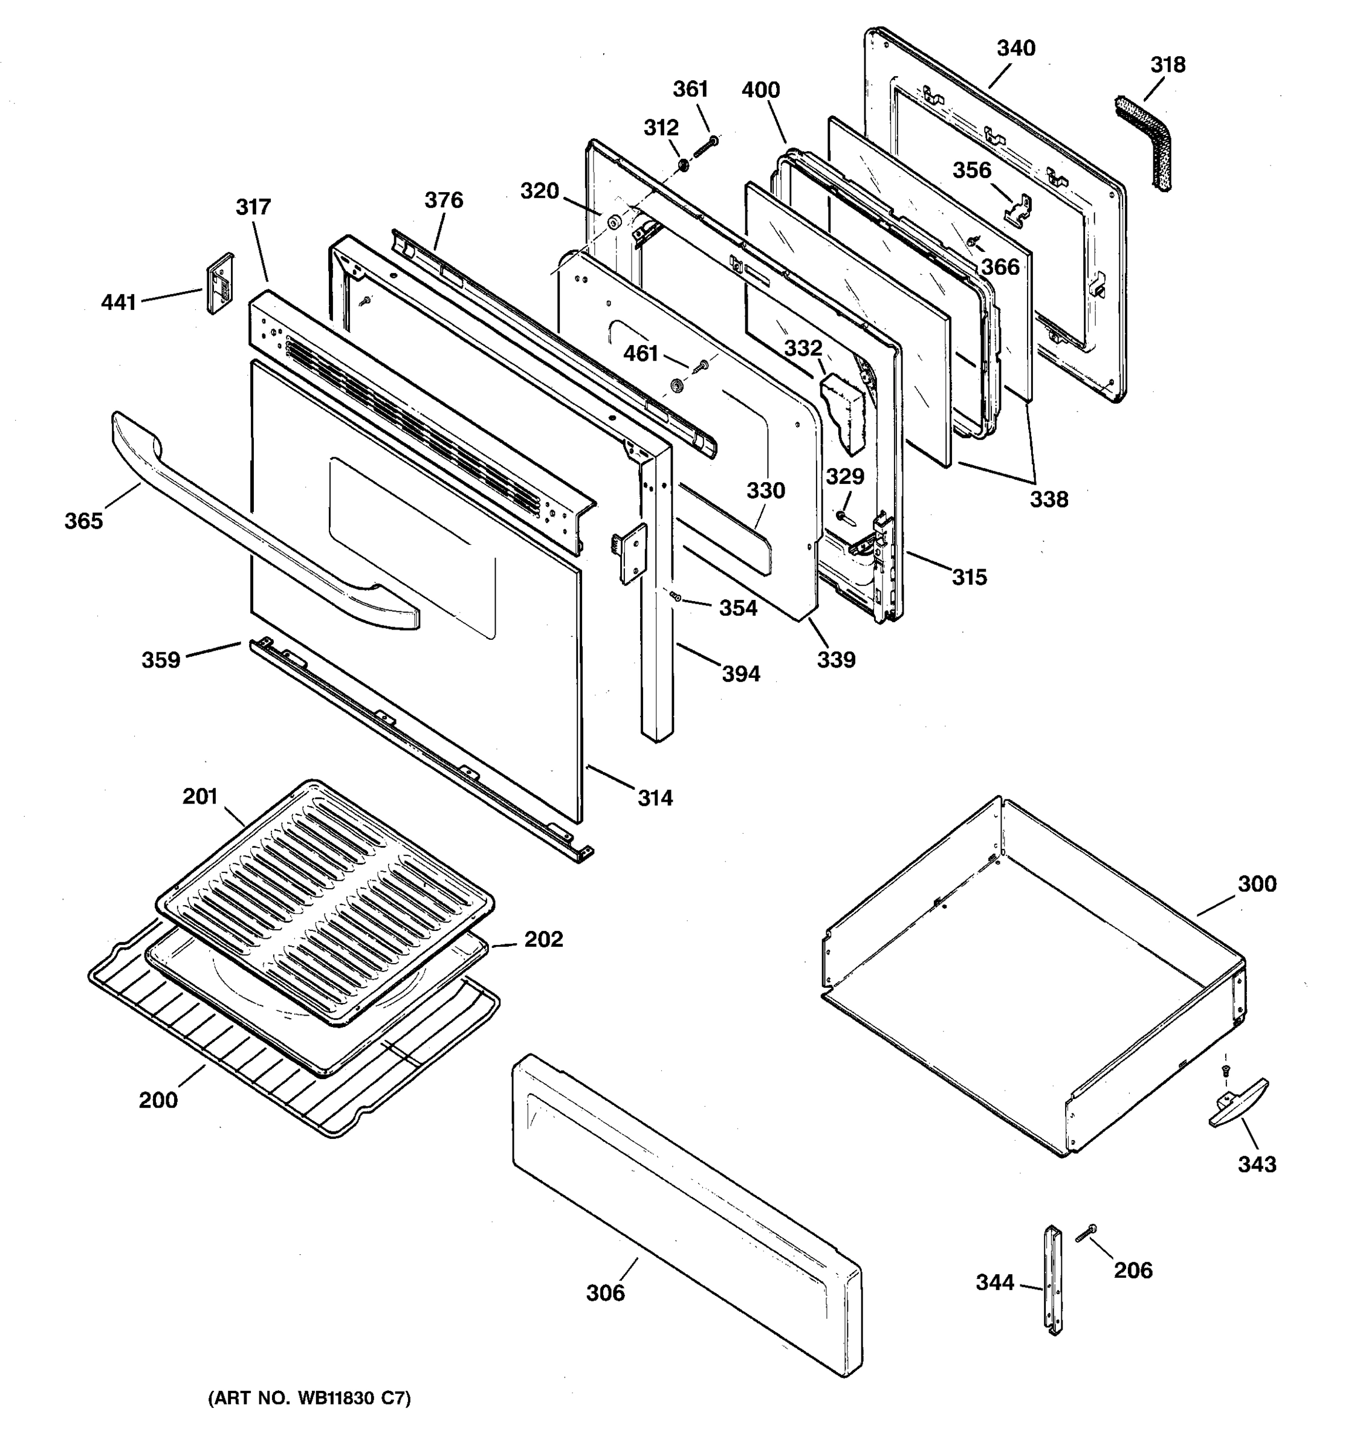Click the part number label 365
pos(83,521)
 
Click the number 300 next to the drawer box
pos(1257,884)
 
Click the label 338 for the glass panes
pos(1049,500)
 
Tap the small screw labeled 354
pos(676,597)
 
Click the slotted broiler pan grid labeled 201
pos(325,901)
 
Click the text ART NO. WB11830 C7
pos(309,1398)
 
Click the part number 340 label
pos(1015,48)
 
